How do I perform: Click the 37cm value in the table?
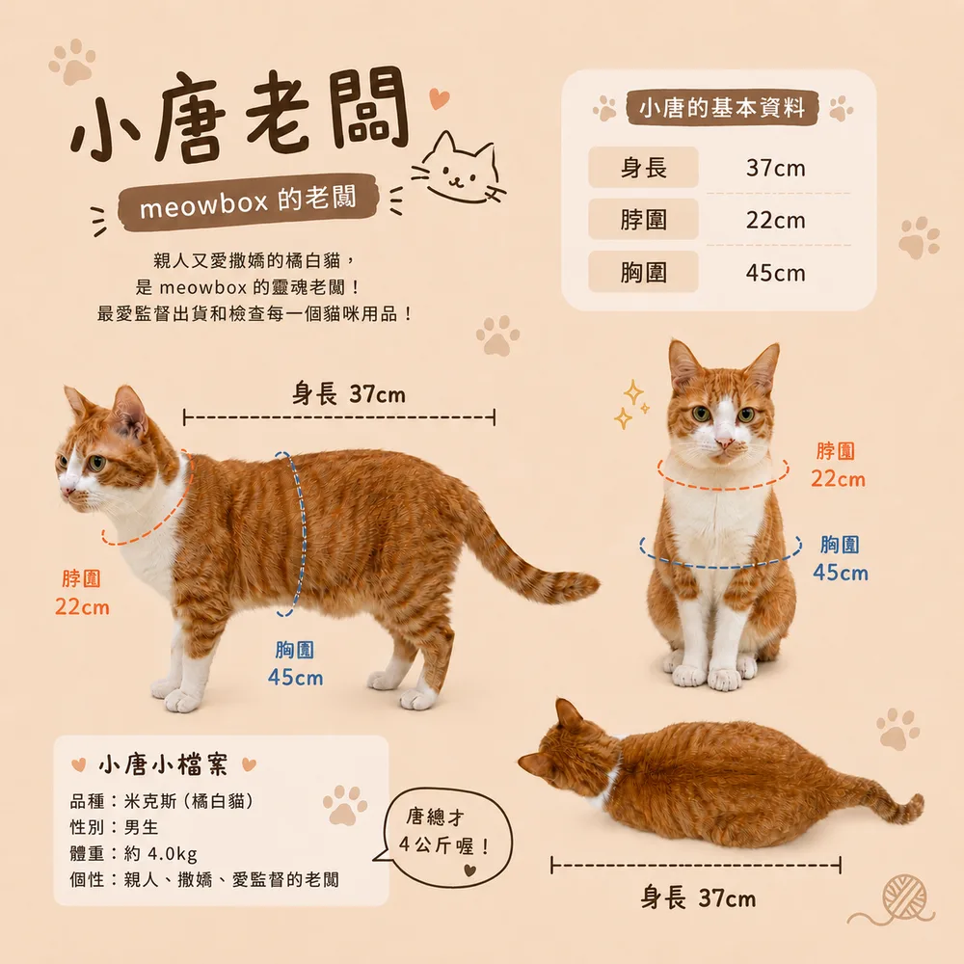point(775,168)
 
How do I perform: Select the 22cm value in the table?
point(775,220)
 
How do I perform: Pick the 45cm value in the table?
point(775,273)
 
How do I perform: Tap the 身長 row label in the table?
point(643,167)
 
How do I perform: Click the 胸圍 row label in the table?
point(643,272)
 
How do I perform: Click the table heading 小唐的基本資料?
point(722,108)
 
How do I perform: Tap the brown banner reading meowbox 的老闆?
point(247,201)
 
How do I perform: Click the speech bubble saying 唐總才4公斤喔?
point(446,838)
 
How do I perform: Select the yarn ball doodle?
point(904,897)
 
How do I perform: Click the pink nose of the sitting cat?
point(724,442)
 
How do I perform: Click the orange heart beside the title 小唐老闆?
point(439,98)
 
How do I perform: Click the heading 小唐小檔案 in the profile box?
point(163,764)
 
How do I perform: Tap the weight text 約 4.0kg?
point(160,853)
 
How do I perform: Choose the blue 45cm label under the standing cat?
point(295,678)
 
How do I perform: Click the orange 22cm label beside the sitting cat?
point(838,479)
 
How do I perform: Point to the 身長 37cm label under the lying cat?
point(698,898)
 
